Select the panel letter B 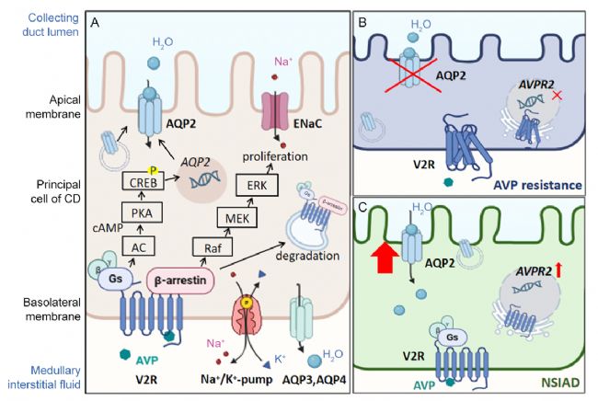pos(362,21)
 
